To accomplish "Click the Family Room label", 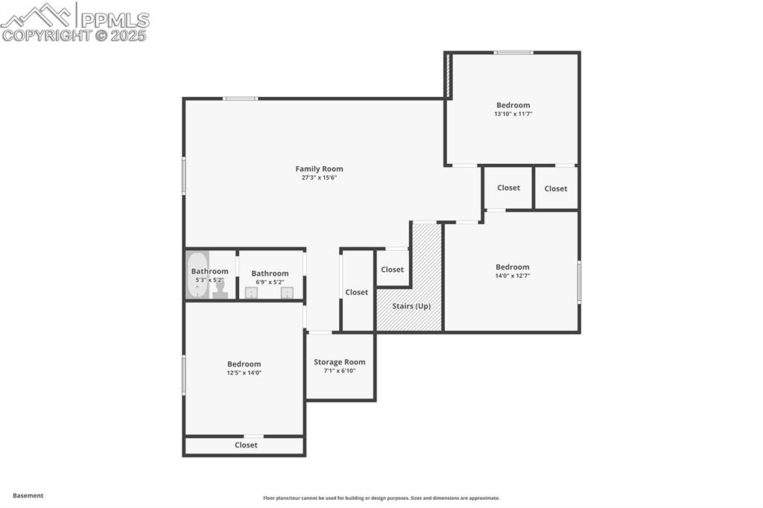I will coord(319,169).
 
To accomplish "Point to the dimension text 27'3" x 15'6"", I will coord(319,178).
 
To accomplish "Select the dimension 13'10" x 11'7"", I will coord(513,114).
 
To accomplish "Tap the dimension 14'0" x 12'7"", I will coord(513,276).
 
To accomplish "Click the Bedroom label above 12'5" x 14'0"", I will coord(244,364).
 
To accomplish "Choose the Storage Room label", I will coord(339,362).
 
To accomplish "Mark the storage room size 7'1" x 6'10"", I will coord(339,371).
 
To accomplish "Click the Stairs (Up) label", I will coord(411,306).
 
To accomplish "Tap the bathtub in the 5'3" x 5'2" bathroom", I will coord(197,276).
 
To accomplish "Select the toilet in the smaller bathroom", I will coord(220,290).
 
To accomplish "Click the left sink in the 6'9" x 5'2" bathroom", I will coord(251,293).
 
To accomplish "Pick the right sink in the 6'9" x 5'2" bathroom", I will coord(287,293).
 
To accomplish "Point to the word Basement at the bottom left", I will coord(28,495).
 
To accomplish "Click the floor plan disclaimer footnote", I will coord(381,498).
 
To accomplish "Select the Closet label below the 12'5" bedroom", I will coord(246,445).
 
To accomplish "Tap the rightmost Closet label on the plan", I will coord(556,188).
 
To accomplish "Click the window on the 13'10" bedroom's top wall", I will coord(513,53).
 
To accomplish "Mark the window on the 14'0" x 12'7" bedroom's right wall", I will coord(579,282).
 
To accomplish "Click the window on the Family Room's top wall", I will coord(241,98).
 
